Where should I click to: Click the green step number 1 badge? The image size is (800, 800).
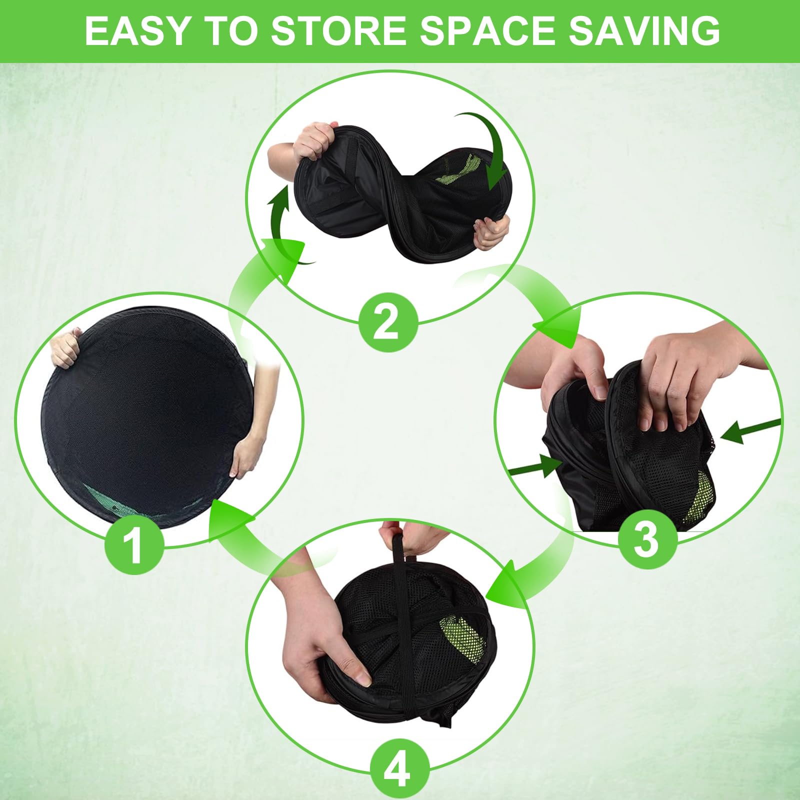pos(133,546)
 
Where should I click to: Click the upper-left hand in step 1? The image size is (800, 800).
pos(65,346)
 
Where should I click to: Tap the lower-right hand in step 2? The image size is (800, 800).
pos(492,231)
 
